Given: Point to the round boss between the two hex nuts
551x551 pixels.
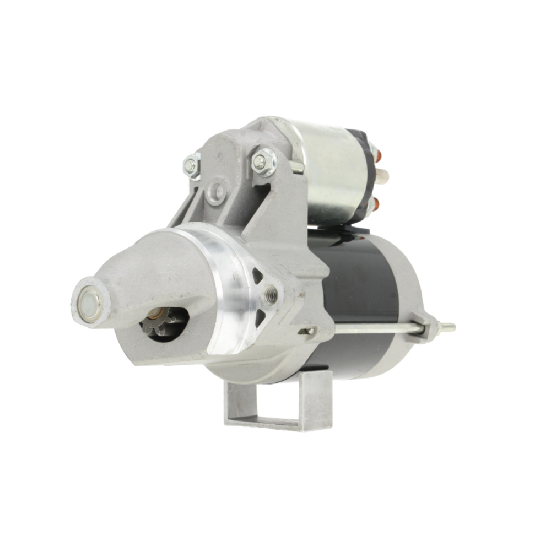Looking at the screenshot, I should (217, 192).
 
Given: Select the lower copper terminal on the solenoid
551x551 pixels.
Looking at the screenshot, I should (373, 204).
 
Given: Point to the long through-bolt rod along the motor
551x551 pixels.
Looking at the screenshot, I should (375, 329).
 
